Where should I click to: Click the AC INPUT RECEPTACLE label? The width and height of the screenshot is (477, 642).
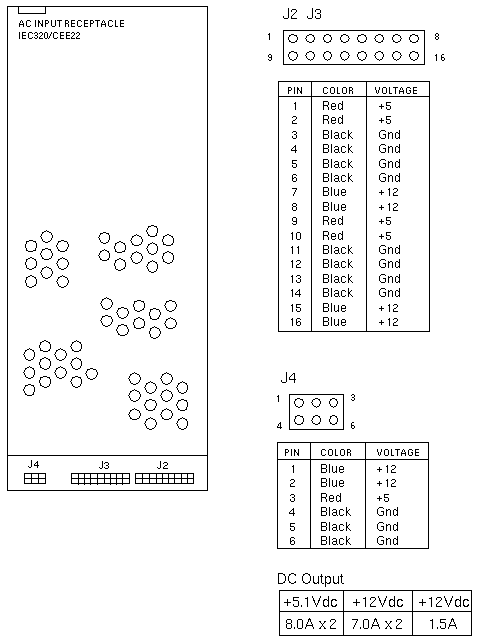click(71, 24)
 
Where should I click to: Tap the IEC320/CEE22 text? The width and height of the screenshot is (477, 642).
click(49, 36)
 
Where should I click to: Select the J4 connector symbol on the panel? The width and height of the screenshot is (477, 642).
click(35, 478)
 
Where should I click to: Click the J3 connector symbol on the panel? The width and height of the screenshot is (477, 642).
click(100, 479)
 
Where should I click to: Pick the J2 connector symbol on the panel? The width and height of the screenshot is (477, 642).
click(164, 479)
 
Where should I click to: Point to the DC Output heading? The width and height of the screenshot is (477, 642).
click(310, 579)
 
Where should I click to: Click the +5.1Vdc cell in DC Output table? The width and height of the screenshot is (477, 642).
click(311, 602)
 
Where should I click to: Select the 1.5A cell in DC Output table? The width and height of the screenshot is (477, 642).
click(442, 624)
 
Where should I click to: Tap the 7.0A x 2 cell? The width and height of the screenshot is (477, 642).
click(378, 624)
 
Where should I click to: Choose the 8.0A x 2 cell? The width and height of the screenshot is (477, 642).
click(311, 624)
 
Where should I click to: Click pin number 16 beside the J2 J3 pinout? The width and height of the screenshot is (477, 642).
click(440, 58)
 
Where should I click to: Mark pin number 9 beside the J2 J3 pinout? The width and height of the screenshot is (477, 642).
click(270, 58)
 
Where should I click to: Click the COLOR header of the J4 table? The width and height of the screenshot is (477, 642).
click(336, 452)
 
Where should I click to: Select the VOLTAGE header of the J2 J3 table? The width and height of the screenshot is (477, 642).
click(396, 90)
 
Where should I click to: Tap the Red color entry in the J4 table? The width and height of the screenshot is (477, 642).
click(331, 497)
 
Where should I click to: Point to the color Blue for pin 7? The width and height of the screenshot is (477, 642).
click(335, 192)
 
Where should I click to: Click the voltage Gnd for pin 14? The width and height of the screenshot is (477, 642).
click(389, 293)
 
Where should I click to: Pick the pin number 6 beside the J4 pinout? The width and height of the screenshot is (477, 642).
click(353, 426)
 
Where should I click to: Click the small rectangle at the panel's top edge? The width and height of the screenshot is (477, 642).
click(32, 10)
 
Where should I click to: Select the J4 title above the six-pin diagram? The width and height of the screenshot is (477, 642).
click(288, 378)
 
